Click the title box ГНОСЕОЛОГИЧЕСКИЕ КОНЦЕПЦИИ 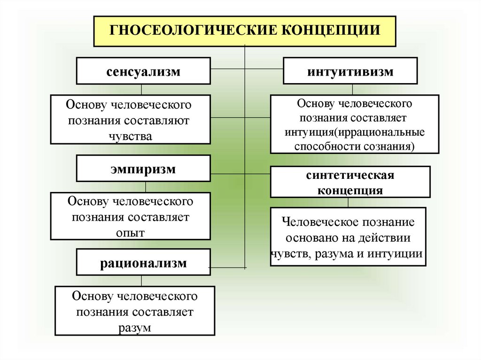click(x=244, y=31)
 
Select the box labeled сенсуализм click(x=143, y=71)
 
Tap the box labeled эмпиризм click(x=143, y=169)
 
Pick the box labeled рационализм click(x=143, y=263)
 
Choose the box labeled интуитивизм click(x=350, y=71)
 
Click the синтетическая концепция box click(x=350, y=182)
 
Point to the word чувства click(x=130, y=136)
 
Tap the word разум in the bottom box click(x=135, y=328)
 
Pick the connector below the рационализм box click(x=142, y=281)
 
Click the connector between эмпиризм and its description click(x=146, y=187)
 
